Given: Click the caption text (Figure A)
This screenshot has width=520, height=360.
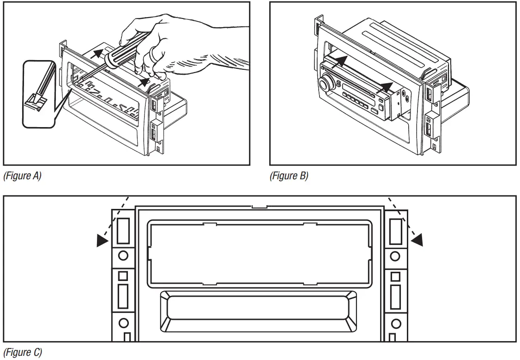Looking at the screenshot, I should pos(23,176).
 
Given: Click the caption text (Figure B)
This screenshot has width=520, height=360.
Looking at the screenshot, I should pos(289,176).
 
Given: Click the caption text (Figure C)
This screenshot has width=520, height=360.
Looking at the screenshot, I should pos(23,352).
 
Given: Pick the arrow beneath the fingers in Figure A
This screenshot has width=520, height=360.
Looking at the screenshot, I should pos(145,82).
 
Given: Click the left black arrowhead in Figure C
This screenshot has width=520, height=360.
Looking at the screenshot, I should pos(103,241).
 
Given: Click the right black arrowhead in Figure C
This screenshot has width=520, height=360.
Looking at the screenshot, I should pos(417,239).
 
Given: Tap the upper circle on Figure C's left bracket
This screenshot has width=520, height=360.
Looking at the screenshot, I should pos(123,255).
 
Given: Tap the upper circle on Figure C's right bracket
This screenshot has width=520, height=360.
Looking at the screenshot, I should pos(395,256).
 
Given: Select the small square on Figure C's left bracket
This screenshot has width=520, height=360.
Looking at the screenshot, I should pos(123,276).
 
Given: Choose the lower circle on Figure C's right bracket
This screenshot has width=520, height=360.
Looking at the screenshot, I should pos(395,322).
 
